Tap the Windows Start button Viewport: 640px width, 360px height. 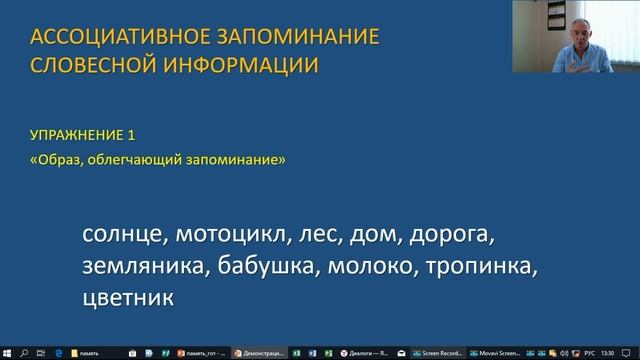coord(8,352)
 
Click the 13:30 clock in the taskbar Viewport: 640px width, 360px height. coord(620,352)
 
